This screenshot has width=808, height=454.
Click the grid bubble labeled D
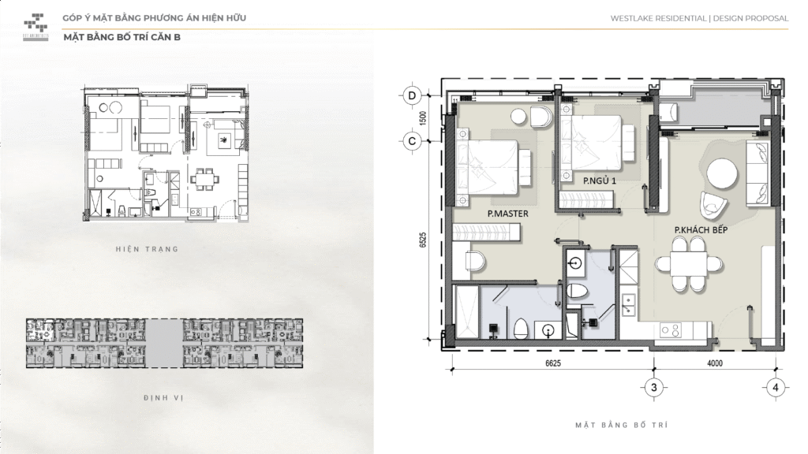click(411, 95)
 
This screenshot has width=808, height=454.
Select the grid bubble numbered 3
click(653, 387)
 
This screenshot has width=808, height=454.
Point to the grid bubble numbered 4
click(776, 387)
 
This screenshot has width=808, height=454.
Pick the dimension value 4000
click(715, 363)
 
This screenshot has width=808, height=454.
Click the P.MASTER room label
click(507, 213)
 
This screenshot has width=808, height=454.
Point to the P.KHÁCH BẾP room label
click(701, 229)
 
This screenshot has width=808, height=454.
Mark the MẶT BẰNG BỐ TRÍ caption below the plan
click(623, 425)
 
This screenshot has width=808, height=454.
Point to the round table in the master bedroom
click(518, 117)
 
